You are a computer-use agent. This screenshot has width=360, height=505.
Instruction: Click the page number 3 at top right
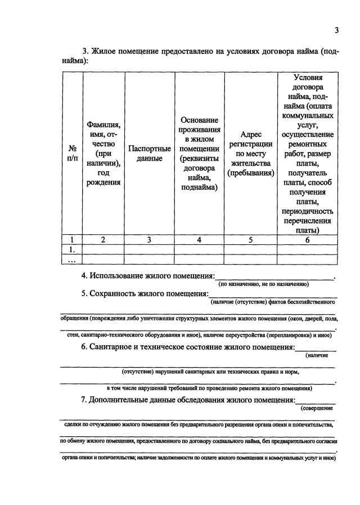coord(336,30)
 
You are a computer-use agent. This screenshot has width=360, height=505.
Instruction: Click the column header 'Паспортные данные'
coord(149,154)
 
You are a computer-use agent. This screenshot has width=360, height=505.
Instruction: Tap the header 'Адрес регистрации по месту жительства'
coord(250,154)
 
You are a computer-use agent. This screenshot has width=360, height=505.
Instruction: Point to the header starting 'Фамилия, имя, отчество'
coord(103,154)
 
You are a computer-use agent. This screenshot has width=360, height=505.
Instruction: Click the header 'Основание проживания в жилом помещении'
coord(199,154)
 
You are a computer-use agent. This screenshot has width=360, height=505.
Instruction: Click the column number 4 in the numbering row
coord(199,239)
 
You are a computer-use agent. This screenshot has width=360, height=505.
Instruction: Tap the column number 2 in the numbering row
coord(103,239)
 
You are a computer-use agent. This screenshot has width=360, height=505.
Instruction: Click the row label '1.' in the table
coord(72,249)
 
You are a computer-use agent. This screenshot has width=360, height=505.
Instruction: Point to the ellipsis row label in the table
coord(72,259)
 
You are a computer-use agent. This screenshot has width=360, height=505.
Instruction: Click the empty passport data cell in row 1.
coord(149,249)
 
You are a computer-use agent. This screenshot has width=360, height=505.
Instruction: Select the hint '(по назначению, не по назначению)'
coord(264,284)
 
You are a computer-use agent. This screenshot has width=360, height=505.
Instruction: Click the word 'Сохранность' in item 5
coord(114,294)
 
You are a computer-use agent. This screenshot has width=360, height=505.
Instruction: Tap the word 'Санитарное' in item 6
coord(115,347)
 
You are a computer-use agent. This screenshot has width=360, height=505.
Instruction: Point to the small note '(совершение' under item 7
coord(317,408)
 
